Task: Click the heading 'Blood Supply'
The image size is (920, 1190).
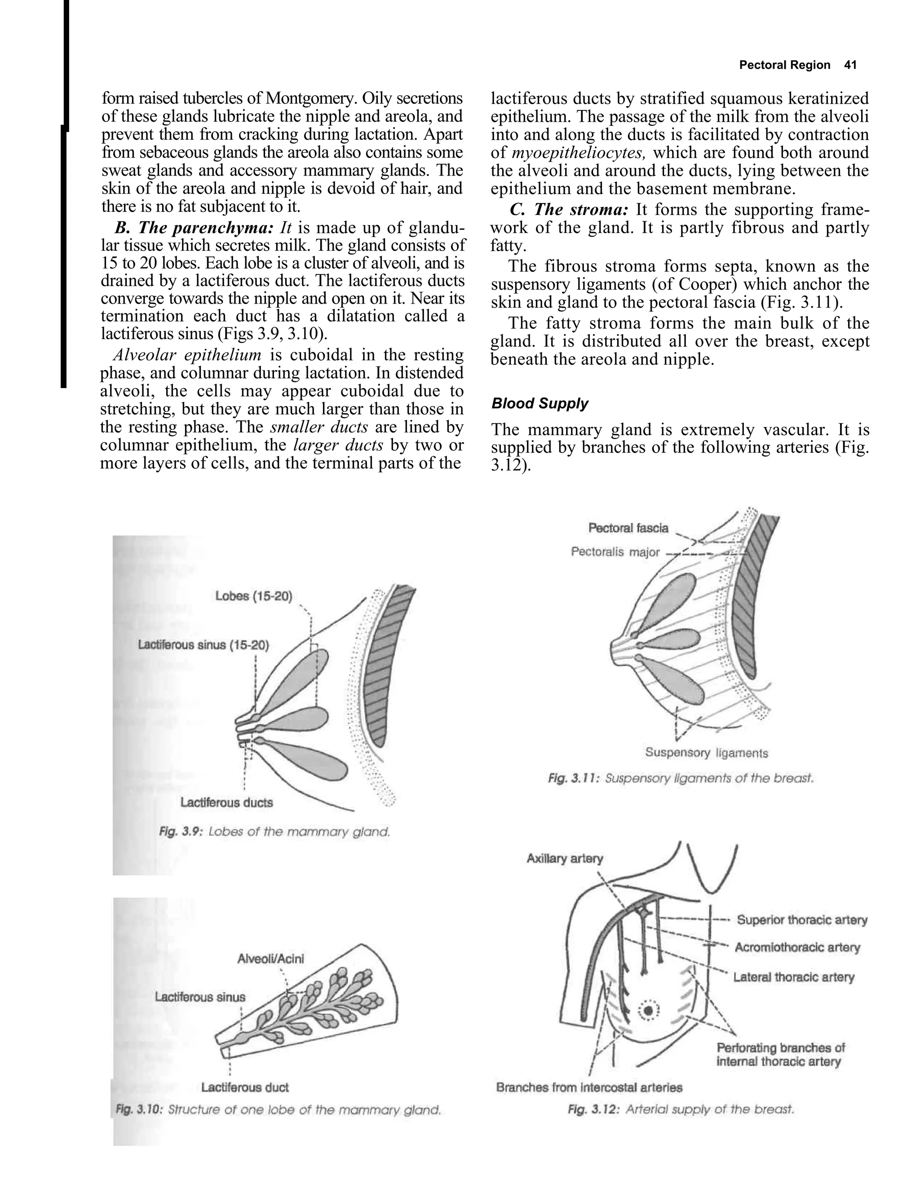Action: (540, 404)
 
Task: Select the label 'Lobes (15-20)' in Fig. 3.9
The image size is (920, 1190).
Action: (253, 595)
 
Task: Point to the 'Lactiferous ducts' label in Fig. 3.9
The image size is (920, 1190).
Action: (226, 802)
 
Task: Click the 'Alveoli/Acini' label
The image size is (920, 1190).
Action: (271, 958)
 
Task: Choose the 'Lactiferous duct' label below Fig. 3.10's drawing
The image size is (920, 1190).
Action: (245, 1088)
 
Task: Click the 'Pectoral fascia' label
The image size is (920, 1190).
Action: (628, 528)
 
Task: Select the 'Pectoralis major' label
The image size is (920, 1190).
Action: (615, 552)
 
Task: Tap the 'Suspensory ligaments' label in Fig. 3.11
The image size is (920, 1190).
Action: (706, 753)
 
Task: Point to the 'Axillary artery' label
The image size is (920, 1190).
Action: (565, 859)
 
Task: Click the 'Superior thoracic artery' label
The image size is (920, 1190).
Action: (802, 920)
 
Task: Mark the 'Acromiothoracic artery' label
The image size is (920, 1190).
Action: (797, 948)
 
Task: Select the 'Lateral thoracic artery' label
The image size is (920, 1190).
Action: (794, 977)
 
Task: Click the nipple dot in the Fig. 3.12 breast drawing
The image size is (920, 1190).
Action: (649, 1011)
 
